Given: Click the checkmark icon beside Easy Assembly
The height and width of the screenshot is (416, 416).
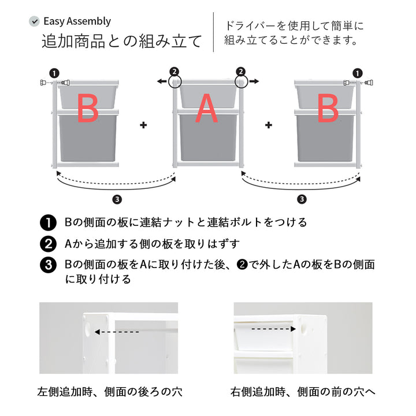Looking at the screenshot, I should pos(34,21).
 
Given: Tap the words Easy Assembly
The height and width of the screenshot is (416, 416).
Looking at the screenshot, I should pos(77,21).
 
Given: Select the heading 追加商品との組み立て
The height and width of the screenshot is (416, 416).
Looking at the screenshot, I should pos(121,42).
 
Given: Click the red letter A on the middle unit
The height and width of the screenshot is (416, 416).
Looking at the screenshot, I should pos(206,108).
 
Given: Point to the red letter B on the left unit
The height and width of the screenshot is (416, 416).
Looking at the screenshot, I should pos(88,108).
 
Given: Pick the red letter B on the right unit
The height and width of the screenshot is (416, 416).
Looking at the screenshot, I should pos(328,108).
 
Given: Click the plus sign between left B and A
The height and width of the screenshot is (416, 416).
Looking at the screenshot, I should pos(143,124).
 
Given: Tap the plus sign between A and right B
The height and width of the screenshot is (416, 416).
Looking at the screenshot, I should pos(268,124).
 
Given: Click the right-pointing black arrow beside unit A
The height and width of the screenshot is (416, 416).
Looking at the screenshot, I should pos(254,83).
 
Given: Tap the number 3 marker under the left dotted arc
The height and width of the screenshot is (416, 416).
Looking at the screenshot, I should pos(117,200).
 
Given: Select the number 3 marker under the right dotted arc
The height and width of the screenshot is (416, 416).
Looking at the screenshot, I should pos(301,200).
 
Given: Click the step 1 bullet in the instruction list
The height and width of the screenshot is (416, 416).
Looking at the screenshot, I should pos(48,222).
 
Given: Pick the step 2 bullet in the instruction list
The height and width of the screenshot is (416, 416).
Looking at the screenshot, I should pos(48,243).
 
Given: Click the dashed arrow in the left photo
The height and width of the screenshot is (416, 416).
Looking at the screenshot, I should pos(117,332).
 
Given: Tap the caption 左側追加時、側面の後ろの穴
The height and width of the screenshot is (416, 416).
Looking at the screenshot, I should pos(109,392).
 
